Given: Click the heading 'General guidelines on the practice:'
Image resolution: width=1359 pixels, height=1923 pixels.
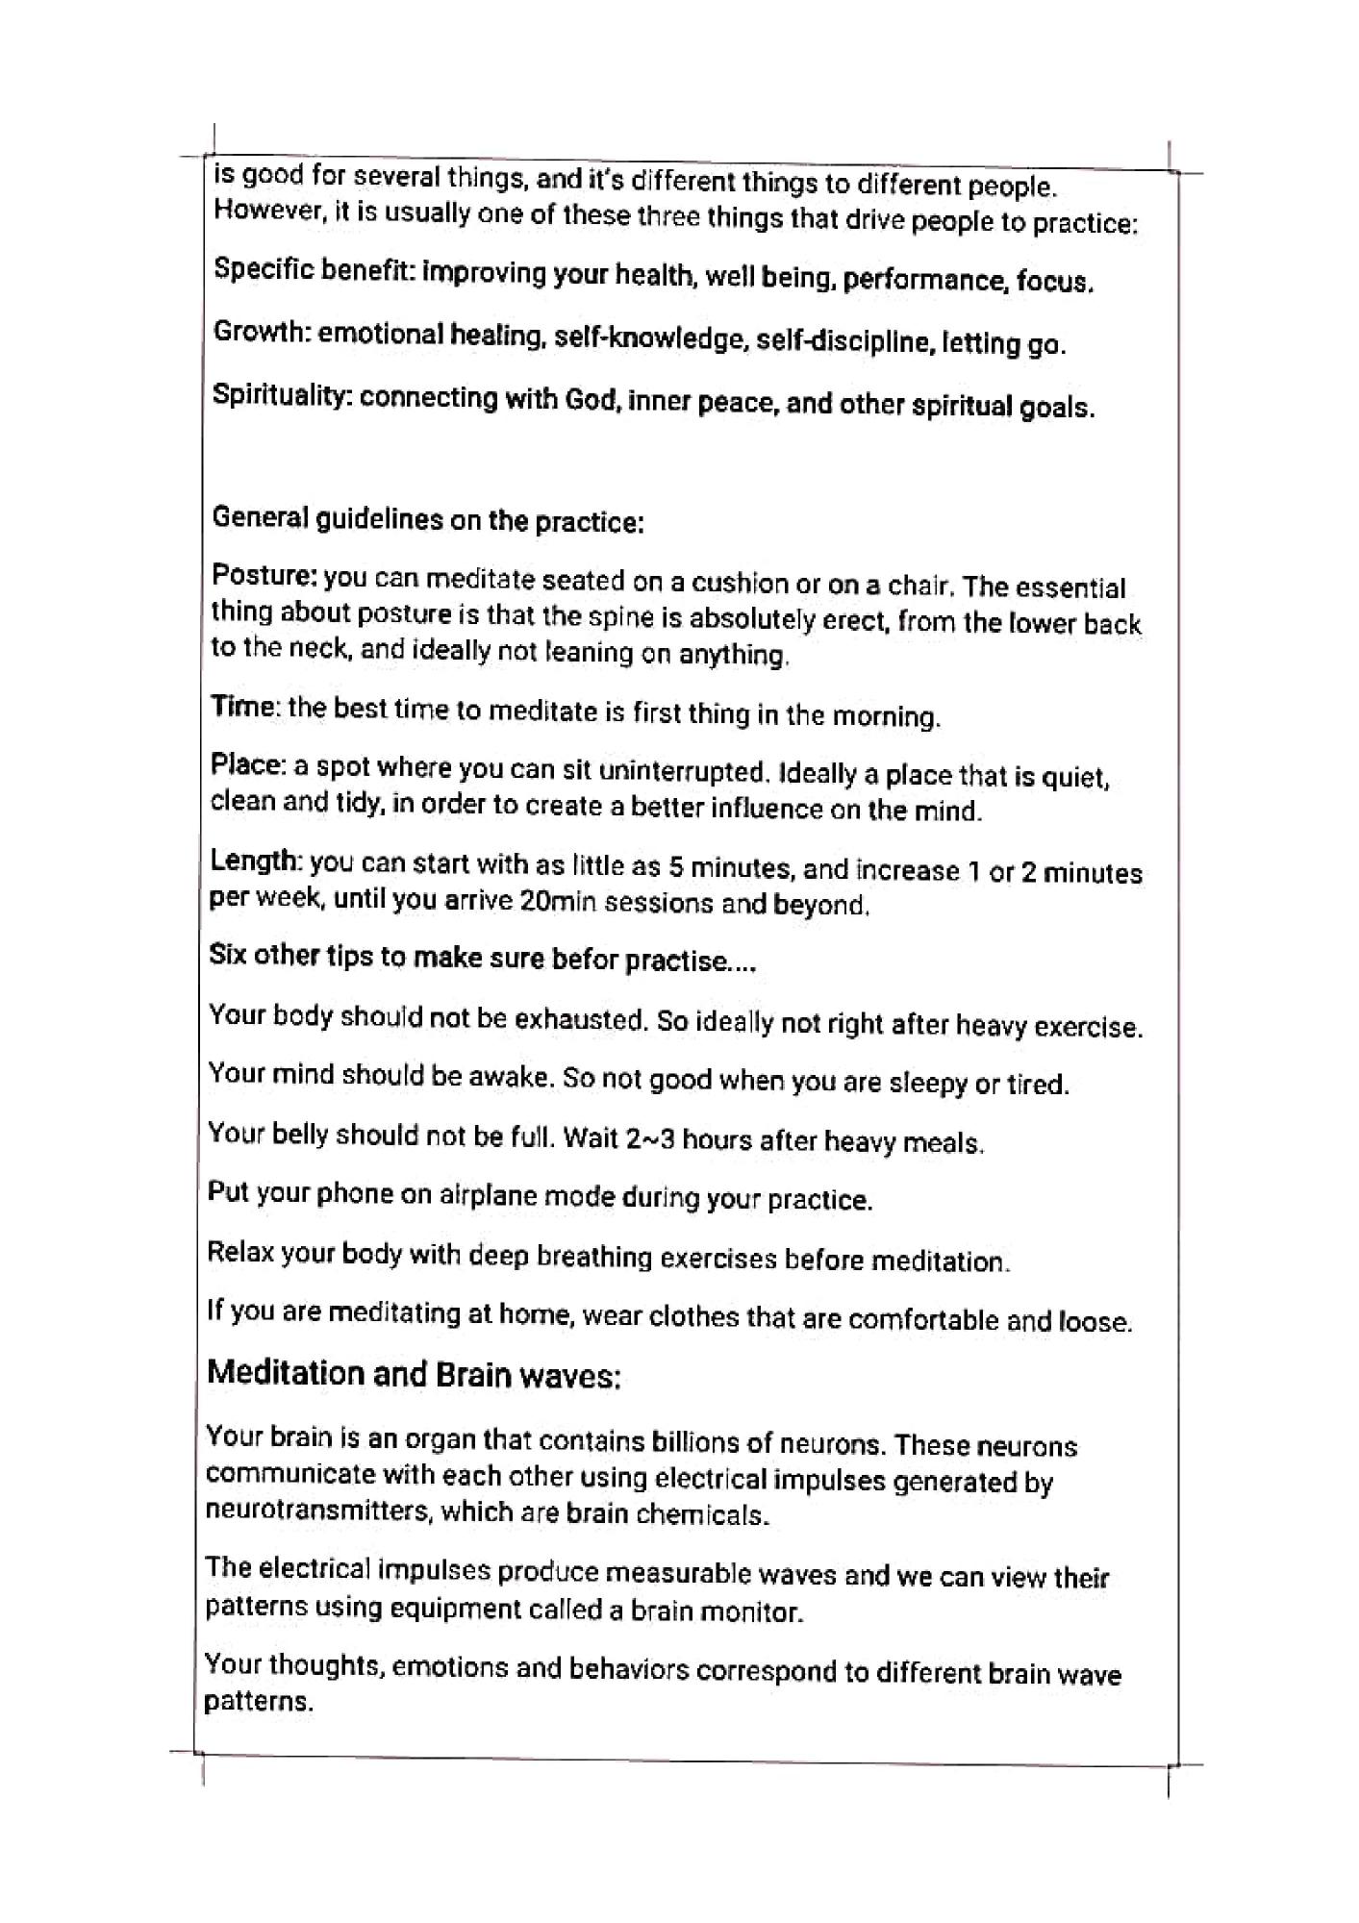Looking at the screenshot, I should coord(427,519).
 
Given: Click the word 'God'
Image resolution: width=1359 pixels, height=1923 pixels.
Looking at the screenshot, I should coord(590,399).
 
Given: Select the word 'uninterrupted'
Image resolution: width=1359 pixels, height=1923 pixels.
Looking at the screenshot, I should coord(684,771).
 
